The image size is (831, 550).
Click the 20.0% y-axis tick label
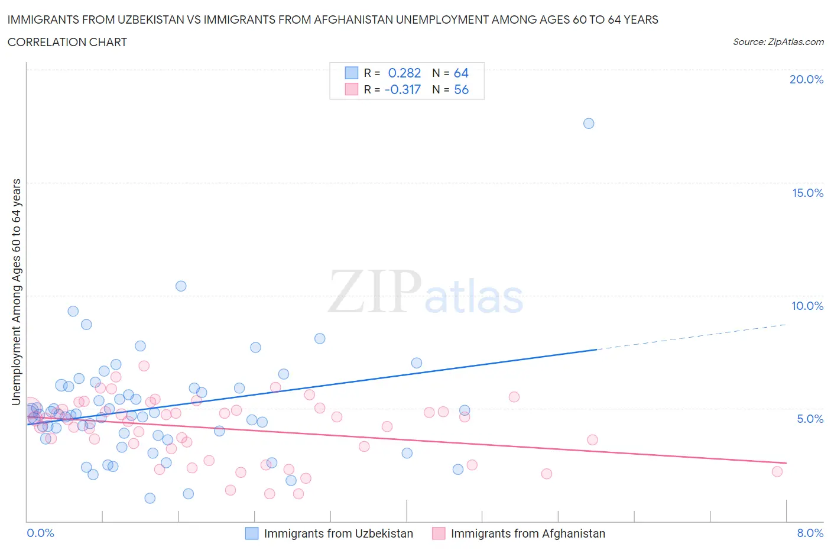click(806, 79)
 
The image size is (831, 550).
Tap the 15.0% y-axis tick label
click(807, 193)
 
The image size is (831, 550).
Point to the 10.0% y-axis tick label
click(807, 306)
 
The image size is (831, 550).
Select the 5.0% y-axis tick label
click(810, 419)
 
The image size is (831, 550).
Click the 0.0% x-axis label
click(40, 533)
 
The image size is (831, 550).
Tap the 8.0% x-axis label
click(810, 533)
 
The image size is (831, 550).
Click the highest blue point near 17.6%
click(589, 124)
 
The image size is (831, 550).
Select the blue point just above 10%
click(181, 286)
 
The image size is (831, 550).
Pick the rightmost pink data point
click(777, 471)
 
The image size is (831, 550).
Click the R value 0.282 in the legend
click(404, 73)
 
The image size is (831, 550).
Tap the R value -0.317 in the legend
click(402, 89)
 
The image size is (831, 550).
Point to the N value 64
click(461, 73)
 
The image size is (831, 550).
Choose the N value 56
click(461, 89)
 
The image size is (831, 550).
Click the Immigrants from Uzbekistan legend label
click(338, 533)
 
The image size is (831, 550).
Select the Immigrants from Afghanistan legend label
click(528, 533)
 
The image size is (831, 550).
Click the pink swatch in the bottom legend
click(439, 533)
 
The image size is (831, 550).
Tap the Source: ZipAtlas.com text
click(778, 42)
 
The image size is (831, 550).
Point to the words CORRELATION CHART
click(67, 42)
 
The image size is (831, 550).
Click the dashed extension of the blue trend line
click(692, 337)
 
